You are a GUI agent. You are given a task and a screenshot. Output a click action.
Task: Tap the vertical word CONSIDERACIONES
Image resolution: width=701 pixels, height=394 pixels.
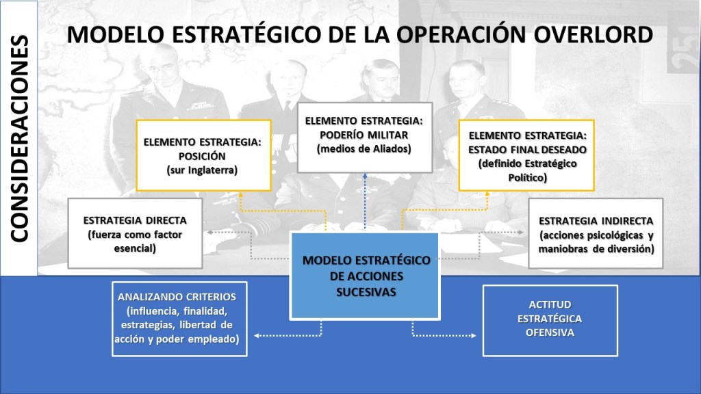tap(19, 139)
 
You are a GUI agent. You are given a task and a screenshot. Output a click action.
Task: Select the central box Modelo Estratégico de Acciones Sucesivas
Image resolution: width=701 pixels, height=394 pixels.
tap(365, 276)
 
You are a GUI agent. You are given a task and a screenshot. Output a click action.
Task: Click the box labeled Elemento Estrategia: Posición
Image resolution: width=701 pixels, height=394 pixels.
tap(203, 155)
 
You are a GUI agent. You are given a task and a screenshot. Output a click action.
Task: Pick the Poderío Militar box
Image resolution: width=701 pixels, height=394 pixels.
tap(365, 137)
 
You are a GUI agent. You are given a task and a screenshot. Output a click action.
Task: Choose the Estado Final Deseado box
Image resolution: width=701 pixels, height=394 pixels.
tap(526, 155)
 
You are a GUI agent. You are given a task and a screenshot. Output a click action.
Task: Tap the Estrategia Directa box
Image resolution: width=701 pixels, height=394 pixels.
tap(135, 233)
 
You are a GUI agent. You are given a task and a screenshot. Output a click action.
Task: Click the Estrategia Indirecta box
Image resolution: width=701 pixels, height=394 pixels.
tap(596, 233)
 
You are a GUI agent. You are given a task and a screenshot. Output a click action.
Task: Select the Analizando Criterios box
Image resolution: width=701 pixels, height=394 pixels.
tap(179, 319)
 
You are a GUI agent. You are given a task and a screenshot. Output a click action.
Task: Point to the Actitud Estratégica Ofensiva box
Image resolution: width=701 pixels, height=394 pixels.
tap(550, 320)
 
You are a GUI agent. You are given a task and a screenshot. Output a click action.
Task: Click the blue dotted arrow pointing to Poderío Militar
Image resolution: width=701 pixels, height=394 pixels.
tap(365, 202)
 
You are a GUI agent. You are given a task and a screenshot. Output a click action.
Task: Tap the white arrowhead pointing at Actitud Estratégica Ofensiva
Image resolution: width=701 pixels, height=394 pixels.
tap(473, 335)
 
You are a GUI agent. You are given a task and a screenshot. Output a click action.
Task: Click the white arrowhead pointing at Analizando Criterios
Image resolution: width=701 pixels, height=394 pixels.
tap(257, 335)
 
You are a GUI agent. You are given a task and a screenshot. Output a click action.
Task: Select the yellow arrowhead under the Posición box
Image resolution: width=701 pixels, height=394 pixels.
tap(240, 194)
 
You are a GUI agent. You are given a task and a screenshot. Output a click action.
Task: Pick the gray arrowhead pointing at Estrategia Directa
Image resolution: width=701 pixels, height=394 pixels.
tap(209, 233)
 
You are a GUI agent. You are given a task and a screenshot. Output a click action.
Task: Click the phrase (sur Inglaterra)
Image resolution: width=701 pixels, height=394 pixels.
tap(202, 170)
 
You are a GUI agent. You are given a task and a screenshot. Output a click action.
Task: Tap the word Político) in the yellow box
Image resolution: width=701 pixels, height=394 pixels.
tap(527, 178)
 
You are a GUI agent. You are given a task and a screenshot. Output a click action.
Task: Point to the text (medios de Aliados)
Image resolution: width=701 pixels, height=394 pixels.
tap(364, 148)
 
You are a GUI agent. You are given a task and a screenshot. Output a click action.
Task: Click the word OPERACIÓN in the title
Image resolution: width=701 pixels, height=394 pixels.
tap(461, 35)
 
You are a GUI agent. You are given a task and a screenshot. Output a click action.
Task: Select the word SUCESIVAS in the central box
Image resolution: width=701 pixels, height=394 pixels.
tap(366, 292)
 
